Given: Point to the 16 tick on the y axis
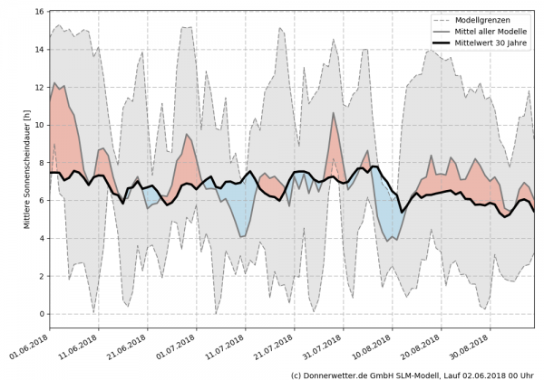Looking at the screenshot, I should coord(41,12).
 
